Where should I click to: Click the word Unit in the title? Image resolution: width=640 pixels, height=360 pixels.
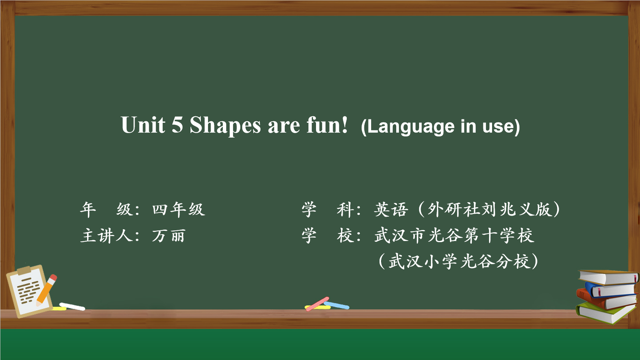(143, 125)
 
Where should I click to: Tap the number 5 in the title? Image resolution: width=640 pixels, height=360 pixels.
(177, 125)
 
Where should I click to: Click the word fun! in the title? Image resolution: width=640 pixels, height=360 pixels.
(327, 125)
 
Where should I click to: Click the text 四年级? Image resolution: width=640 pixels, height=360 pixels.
(179, 210)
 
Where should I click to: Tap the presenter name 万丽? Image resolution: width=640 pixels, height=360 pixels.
(168, 236)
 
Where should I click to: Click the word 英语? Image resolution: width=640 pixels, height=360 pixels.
(391, 210)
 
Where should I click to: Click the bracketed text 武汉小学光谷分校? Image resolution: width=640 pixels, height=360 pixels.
(459, 262)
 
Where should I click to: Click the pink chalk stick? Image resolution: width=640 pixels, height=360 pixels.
(317, 304)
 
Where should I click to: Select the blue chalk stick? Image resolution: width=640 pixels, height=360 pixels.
(336, 305)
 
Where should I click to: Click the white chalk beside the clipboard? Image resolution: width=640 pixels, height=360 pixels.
(72, 306)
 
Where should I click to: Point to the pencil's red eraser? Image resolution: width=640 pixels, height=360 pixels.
(53, 278)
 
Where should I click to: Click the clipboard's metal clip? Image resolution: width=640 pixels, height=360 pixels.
(24, 270)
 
